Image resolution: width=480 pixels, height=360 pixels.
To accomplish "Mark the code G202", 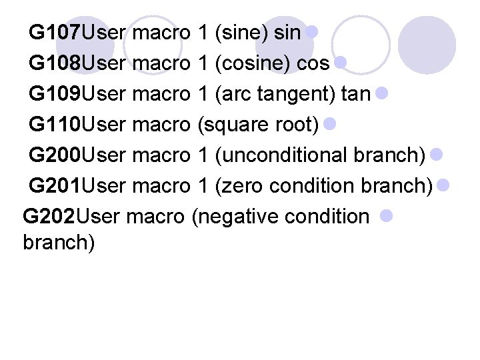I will (49, 217).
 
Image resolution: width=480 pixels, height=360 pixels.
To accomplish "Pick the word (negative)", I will (229, 217).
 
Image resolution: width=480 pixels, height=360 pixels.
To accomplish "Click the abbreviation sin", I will (287, 31).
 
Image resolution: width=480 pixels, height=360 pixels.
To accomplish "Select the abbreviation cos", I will (313, 63).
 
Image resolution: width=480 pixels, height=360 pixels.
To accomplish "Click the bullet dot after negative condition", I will (387, 215).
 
